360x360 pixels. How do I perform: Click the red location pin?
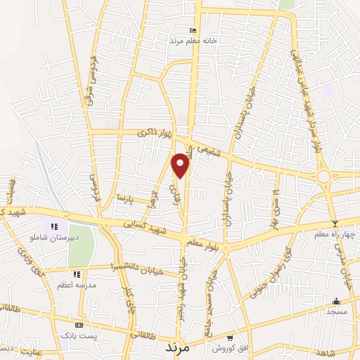pos(181,164)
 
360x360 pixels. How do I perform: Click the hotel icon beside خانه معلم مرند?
pos(193,30)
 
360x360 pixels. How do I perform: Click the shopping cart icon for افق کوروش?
pos(231,337)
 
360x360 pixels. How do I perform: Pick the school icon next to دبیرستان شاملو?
pos(54,226)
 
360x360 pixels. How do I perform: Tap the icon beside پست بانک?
pos(79,326)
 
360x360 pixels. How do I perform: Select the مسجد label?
pos(336,311)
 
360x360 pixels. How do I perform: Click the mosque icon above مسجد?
pos(336,300)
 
